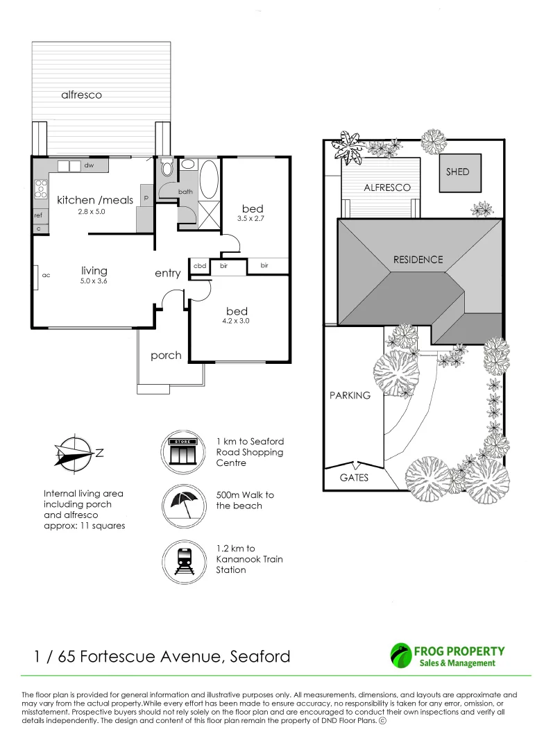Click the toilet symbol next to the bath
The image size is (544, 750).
[167, 169]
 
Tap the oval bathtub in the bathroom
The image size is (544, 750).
[208, 179]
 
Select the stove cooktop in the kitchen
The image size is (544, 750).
[41, 188]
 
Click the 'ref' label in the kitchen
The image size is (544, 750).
[38, 215]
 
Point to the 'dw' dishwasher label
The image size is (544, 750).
[89, 165]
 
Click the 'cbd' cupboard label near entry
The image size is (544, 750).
[200, 266]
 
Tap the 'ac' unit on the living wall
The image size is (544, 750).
[46, 275]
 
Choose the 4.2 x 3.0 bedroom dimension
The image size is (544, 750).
[236, 321]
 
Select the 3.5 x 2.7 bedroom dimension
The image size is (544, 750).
[250, 219]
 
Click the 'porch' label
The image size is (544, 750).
[166, 356]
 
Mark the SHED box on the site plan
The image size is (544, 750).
[460, 173]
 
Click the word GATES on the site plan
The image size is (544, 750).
[354, 477]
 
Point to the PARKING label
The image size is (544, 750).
[350, 395]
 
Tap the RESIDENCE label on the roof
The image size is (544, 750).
[418, 259]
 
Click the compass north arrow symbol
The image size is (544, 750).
[74, 452]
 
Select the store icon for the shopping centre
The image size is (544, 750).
[183, 452]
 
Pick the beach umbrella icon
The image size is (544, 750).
[183, 506]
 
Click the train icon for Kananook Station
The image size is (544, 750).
[183, 560]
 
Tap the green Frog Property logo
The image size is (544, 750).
[400, 656]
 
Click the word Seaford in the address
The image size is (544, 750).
[260, 656]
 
